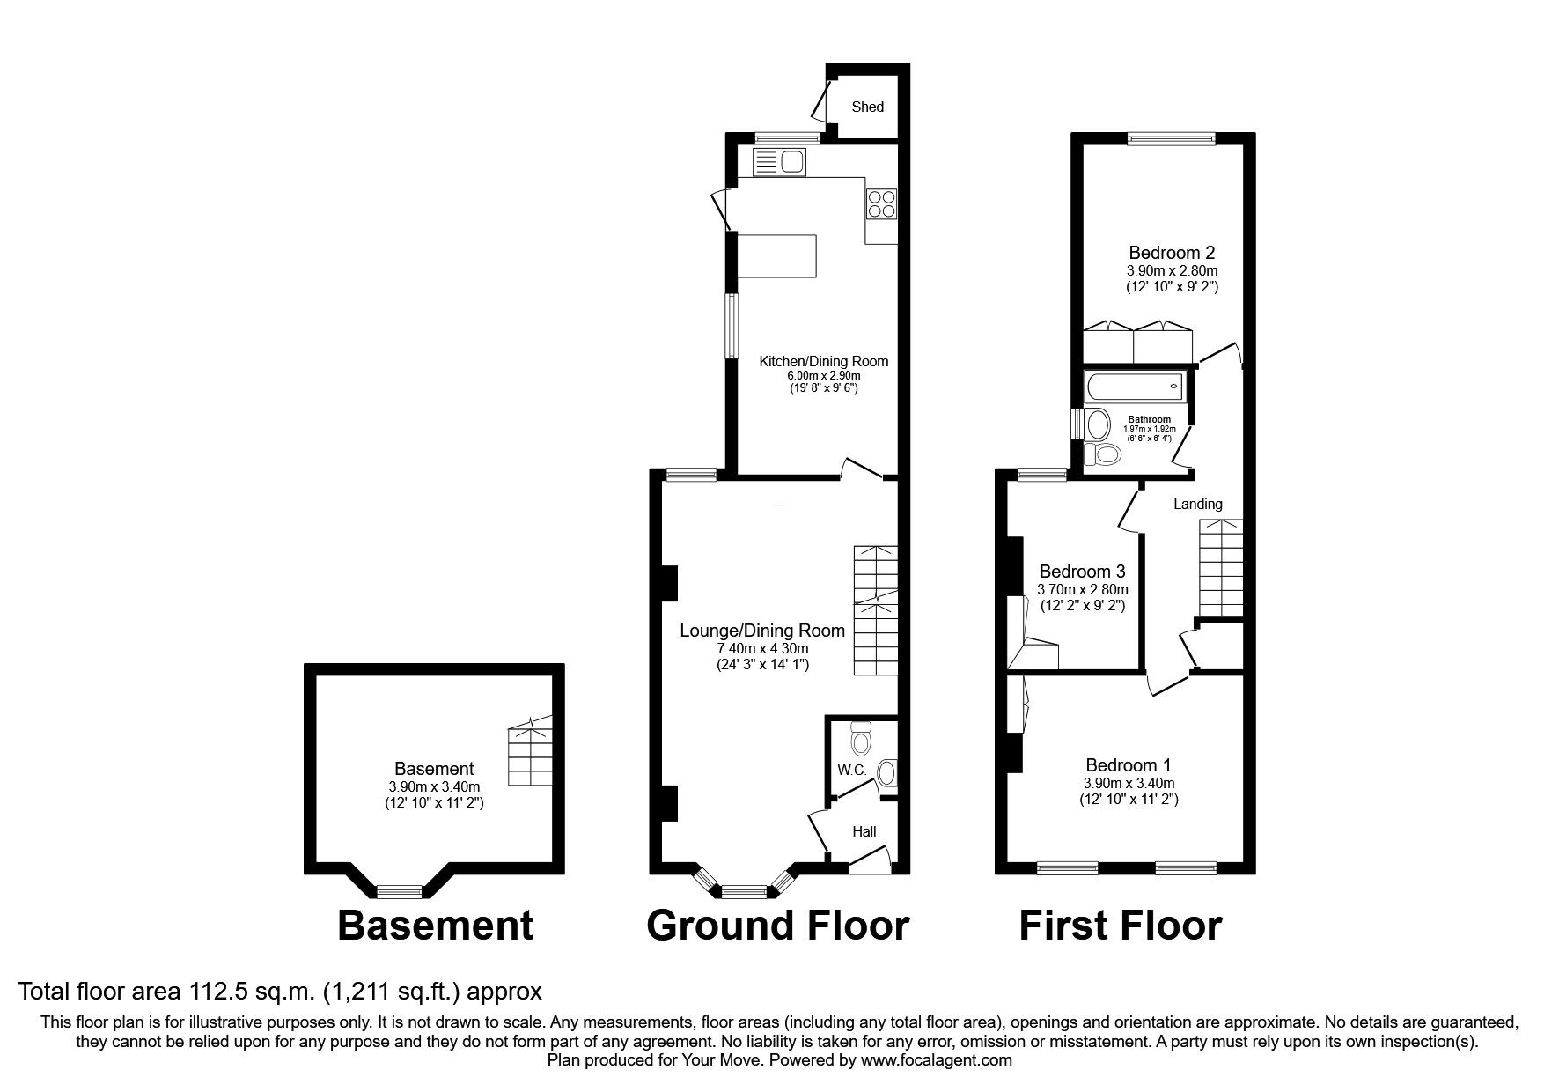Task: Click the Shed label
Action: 867,107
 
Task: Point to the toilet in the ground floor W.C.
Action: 861,740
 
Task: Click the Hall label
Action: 864,831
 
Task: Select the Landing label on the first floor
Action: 1197,504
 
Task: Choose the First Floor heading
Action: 1120,926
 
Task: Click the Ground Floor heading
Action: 777,926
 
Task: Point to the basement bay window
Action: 401,891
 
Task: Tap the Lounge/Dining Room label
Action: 761,631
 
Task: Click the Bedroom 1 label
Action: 1128,764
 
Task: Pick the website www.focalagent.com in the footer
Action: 936,1060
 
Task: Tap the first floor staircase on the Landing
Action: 1220,568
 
